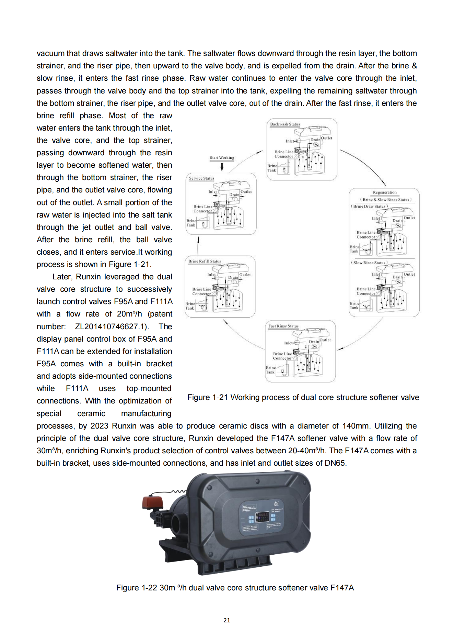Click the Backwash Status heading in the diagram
[285, 124]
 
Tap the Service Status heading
[201, 178]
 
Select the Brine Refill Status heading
[205, 262]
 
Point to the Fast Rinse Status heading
[283, 326]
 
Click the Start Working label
[222, 158]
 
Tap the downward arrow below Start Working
[222, 167]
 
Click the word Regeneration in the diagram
[384, 192]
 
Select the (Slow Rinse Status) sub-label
[369, 263]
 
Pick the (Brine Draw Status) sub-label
[369, 207]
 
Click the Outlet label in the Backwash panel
[327, 138]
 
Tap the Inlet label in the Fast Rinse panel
[288, 343]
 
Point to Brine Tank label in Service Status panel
[191, 223]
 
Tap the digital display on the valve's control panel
[263, 516]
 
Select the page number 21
[227, 620]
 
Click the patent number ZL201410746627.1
[112, 326]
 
